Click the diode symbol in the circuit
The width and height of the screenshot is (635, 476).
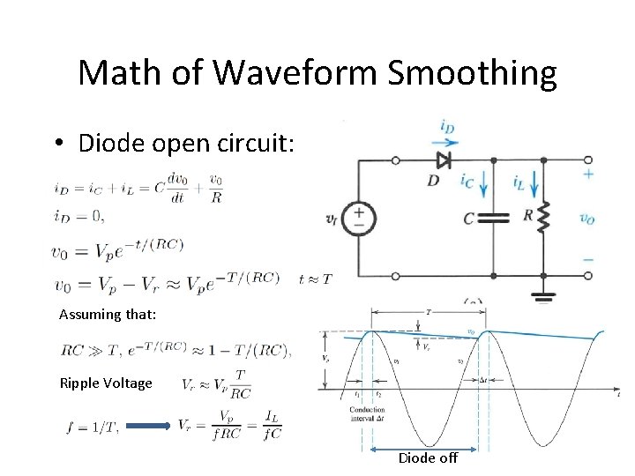point(443,160)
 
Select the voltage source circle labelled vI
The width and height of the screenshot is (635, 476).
point(359,218)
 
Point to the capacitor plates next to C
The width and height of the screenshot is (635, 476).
point(493,218)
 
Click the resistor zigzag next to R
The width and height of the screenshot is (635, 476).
point(543,216)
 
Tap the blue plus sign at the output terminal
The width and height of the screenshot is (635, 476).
point(588,174)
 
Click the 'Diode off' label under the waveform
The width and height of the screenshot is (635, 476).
point(428,457)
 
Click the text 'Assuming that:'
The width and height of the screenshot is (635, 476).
point(108,315)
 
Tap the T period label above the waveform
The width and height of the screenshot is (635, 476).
point(429,311)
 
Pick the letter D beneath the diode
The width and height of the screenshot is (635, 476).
point(434,181)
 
